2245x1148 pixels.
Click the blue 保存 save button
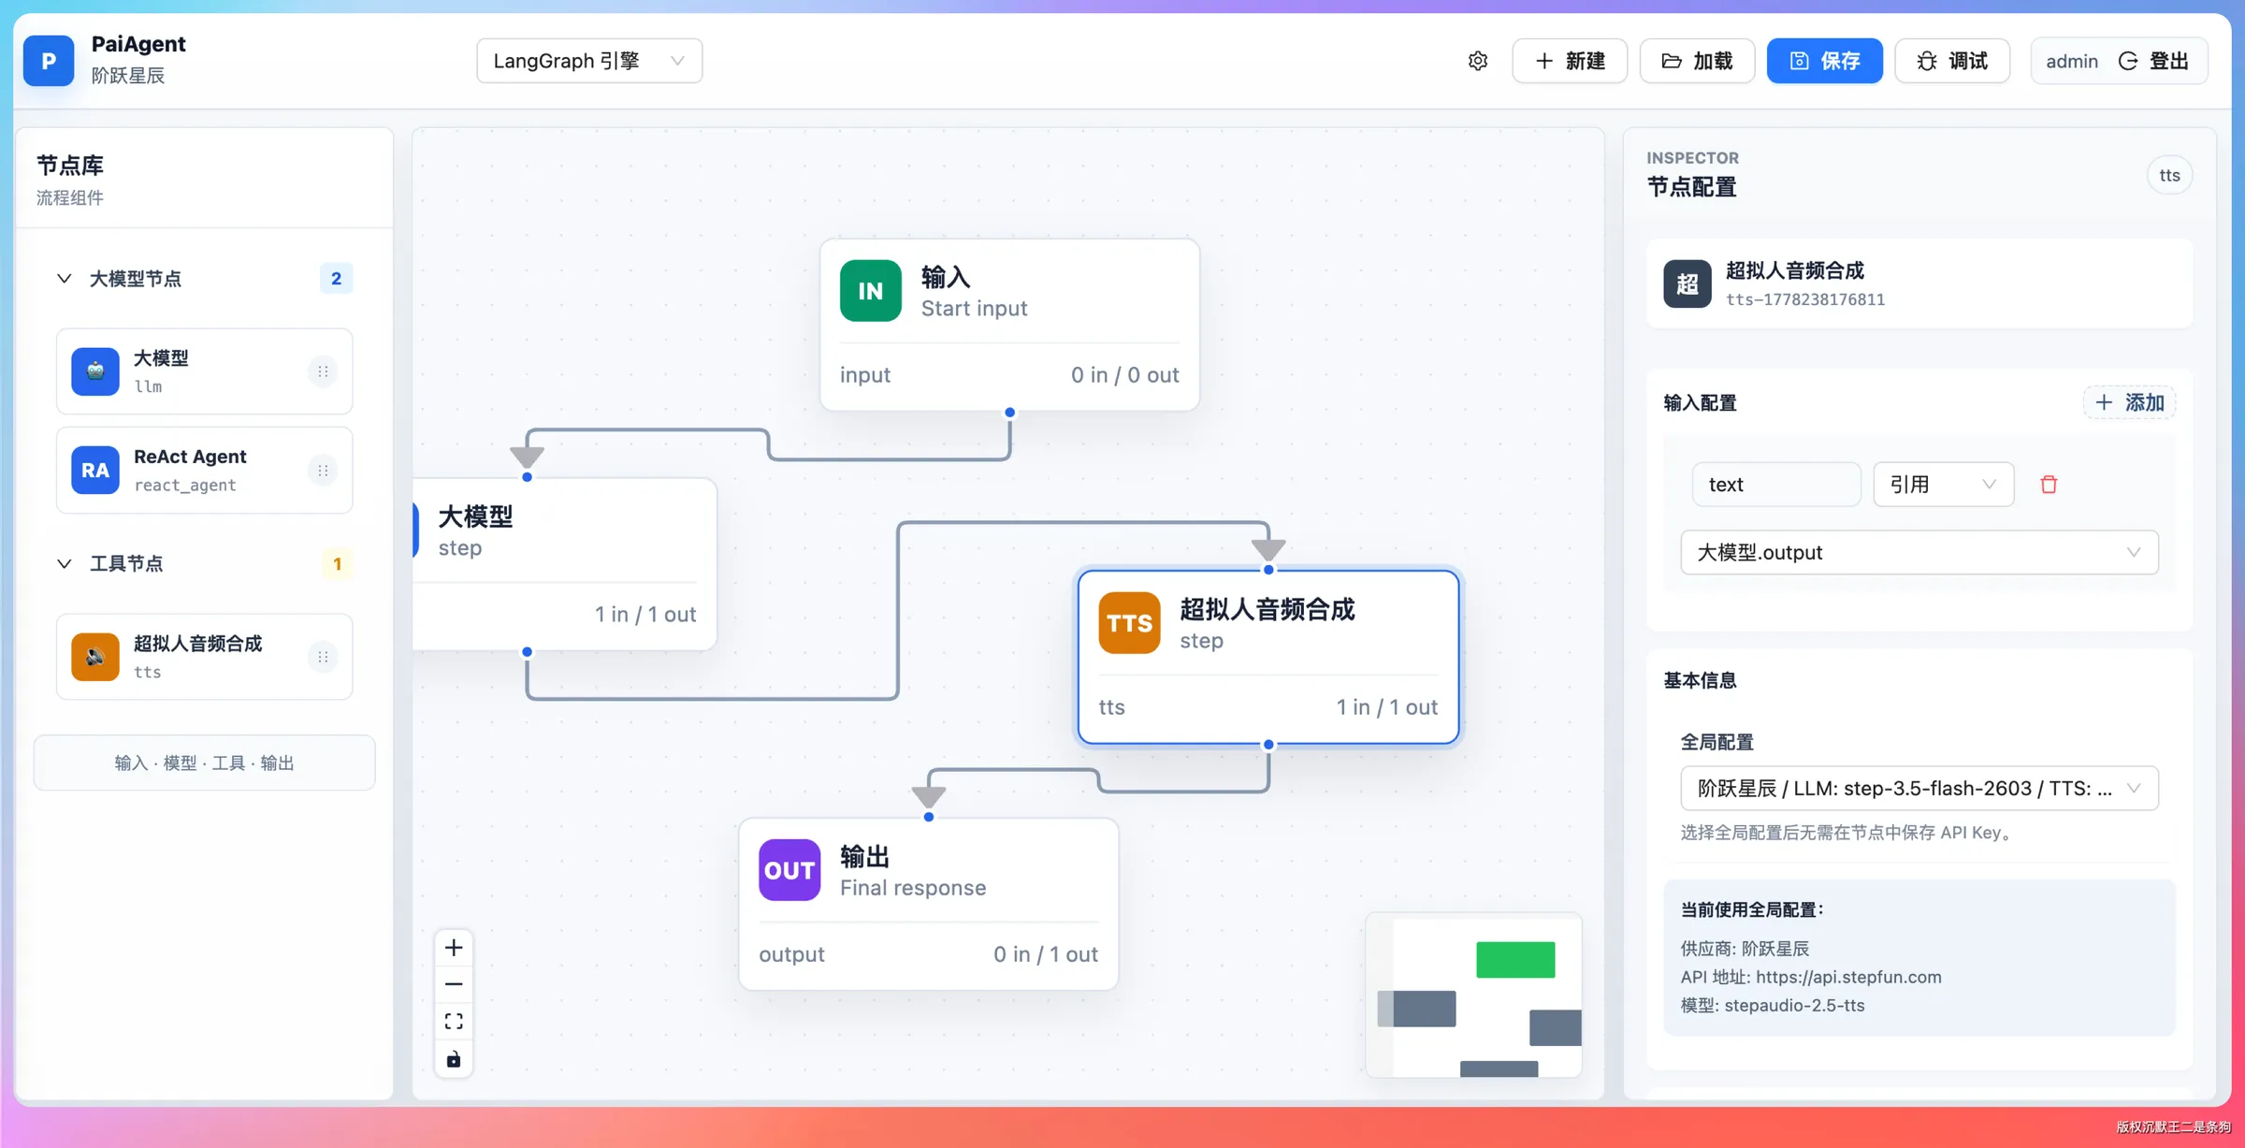click(x=1824, y=61)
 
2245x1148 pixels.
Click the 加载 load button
click(x=1697, y=61)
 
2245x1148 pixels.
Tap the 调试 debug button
click(x=1952, y=61)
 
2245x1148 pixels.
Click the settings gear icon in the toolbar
click(x=1478, y=61)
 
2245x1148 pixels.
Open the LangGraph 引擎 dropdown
click(x=589, y=61)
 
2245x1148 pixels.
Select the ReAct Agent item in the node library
click(x=204, y=470)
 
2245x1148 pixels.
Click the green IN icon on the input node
click(x=870, y=291)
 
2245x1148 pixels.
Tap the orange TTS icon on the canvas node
click(x=1129, y=623)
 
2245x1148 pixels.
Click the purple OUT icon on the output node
click(x=789, y=870)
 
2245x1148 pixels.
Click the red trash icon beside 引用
click(x=2049, y=484)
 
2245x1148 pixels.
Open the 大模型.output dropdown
click(x=1919, y=552)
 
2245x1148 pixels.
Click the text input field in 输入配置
click(x=1776, y=484)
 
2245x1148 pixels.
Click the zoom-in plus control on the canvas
click(x=454, y=948)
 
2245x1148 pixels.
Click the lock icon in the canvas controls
click(x=454, y=1059)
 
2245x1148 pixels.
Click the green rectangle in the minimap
click(x=1515, y=960)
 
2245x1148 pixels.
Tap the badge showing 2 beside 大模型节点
click(x=336, y=278)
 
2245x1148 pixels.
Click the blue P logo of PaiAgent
click(x=49, y=61)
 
